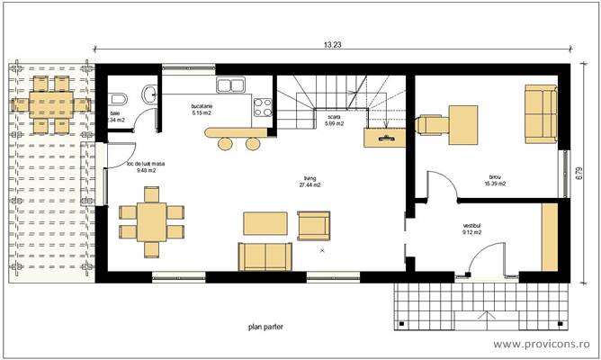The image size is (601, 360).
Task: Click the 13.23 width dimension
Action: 333,44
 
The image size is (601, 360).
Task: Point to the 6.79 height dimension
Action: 589,171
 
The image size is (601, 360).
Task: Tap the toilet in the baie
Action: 116,97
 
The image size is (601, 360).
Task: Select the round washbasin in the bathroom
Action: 148,95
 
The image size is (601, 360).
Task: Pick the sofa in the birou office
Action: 542,112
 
